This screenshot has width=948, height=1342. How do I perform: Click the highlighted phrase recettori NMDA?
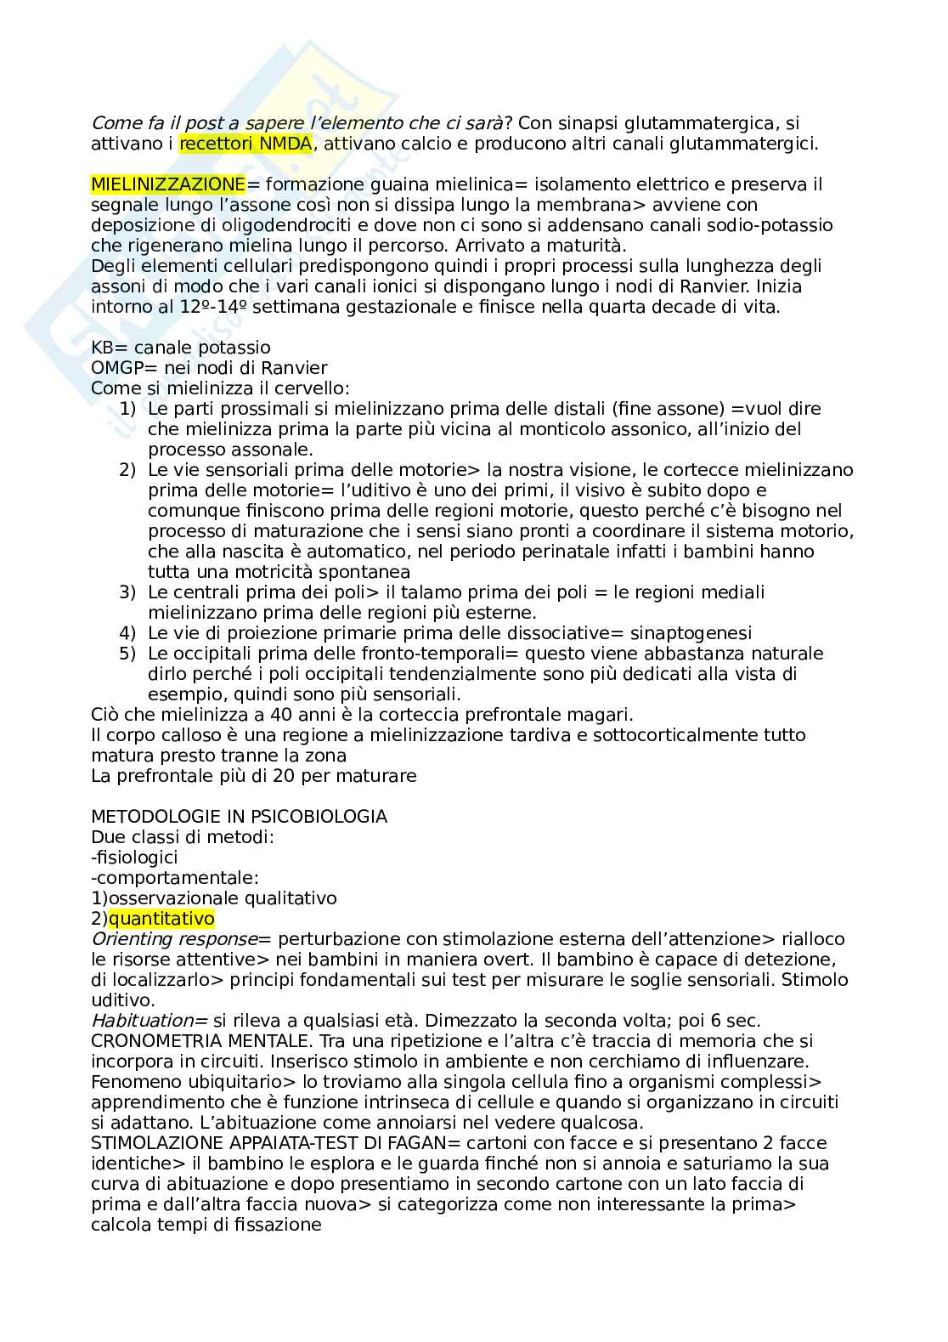click(245, 144)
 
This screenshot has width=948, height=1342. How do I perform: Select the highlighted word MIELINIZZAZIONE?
click(167, 184)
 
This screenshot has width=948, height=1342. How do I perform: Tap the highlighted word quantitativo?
click(161, 919)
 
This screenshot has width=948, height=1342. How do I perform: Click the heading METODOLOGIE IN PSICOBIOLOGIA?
click(239, 817)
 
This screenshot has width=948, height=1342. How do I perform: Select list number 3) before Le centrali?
click(127, 592)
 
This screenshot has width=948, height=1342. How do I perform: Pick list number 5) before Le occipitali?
click(127, 654)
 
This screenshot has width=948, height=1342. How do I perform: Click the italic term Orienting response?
click(173, 939)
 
